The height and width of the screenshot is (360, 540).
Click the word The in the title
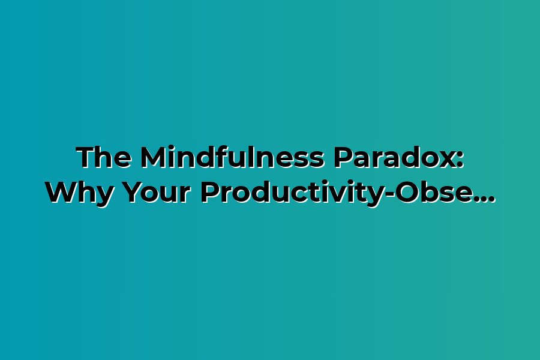click(104, 157)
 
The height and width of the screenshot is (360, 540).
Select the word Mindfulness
click(232, 157)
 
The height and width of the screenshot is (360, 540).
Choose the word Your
click(157, 193)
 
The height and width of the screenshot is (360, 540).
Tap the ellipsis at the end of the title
click(485, 200)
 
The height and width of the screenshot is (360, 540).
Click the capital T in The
click(86, 157)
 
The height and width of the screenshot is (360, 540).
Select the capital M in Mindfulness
click(154, 157)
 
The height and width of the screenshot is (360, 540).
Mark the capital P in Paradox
click(344, 157)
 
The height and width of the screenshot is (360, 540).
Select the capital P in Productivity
click(211, 193)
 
